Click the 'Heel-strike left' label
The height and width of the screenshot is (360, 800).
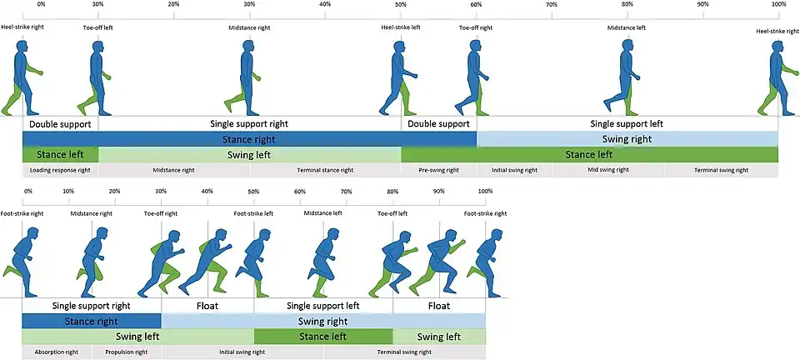(x=401, y=27)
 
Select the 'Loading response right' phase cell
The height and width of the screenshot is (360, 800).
(x=60, y=170)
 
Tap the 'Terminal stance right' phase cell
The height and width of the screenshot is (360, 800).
(x=325, y=170)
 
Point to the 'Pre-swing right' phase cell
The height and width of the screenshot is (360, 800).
(x=438, y=170)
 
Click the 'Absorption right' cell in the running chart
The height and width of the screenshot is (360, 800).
(x=57, y=352)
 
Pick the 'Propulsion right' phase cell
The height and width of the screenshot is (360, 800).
(x=127, y=352)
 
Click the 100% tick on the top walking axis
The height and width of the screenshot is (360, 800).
(x=778, y=5)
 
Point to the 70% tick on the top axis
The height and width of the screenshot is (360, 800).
(x=552, y=5)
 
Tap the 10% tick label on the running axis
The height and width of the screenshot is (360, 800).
(x=68, y=191)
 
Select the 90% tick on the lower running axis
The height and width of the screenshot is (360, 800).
(x=439, y=191)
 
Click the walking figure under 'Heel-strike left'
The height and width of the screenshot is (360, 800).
(x=399, y=81)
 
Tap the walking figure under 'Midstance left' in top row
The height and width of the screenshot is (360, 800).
(x=626, y=81)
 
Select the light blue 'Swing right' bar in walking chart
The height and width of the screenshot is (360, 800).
(x=627, y=139)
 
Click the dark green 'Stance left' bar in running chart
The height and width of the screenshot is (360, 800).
(x=322, y=337)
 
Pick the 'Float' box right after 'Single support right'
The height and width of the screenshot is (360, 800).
(x=207, y=306)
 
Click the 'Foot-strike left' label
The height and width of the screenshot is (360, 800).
(x=253, y=213)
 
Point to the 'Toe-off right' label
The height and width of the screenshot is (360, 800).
(x=161, y=213)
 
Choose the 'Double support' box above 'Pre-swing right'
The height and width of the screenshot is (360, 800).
(x=438, y=124)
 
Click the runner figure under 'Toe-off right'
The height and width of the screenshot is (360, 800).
(x=163, y=262)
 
